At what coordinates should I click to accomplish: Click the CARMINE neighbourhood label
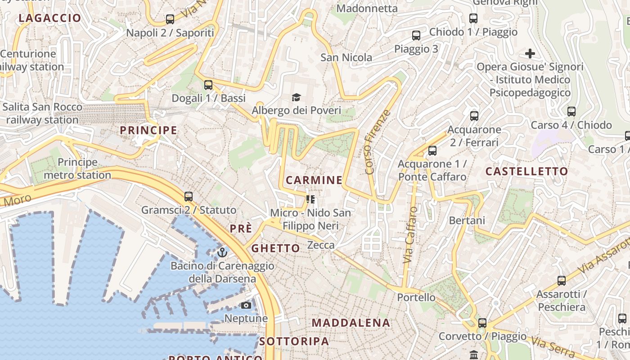[x=314, y=180]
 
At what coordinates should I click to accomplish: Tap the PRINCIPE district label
[x=148, y=130]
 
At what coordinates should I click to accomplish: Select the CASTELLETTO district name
[x=526, y=171]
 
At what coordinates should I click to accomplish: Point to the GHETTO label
[x=275, y=248]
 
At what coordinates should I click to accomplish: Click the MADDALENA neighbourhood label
[x=351, y=323]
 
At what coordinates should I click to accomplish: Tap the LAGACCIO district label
[x=50, y=18]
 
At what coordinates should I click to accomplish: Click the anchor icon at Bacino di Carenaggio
[x=222, y=252]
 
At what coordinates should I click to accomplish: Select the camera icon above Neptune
[x=246, y=306]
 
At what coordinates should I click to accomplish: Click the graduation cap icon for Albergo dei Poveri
[x=296, y=97]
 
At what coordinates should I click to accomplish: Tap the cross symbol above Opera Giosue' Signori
[x=530, y=54]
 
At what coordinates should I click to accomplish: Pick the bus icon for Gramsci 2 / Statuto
[x=189, y=197]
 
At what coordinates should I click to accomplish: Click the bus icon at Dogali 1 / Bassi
[x=208, y=85]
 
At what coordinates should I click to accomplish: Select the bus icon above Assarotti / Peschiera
[x=562, y=281]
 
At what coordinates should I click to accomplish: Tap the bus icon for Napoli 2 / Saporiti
[x=170, y=19]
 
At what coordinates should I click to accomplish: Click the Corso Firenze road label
[x=376, y=142]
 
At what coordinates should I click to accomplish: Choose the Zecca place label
[x=321, y=245]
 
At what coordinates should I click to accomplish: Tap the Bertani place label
[x=467, y=220]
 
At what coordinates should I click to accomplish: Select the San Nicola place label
[x=346, y=58]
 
